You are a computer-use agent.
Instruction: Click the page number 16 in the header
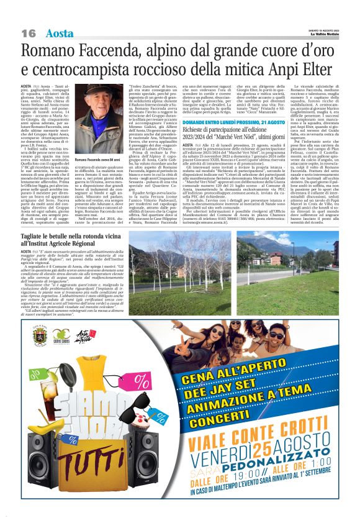click(29, 32)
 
